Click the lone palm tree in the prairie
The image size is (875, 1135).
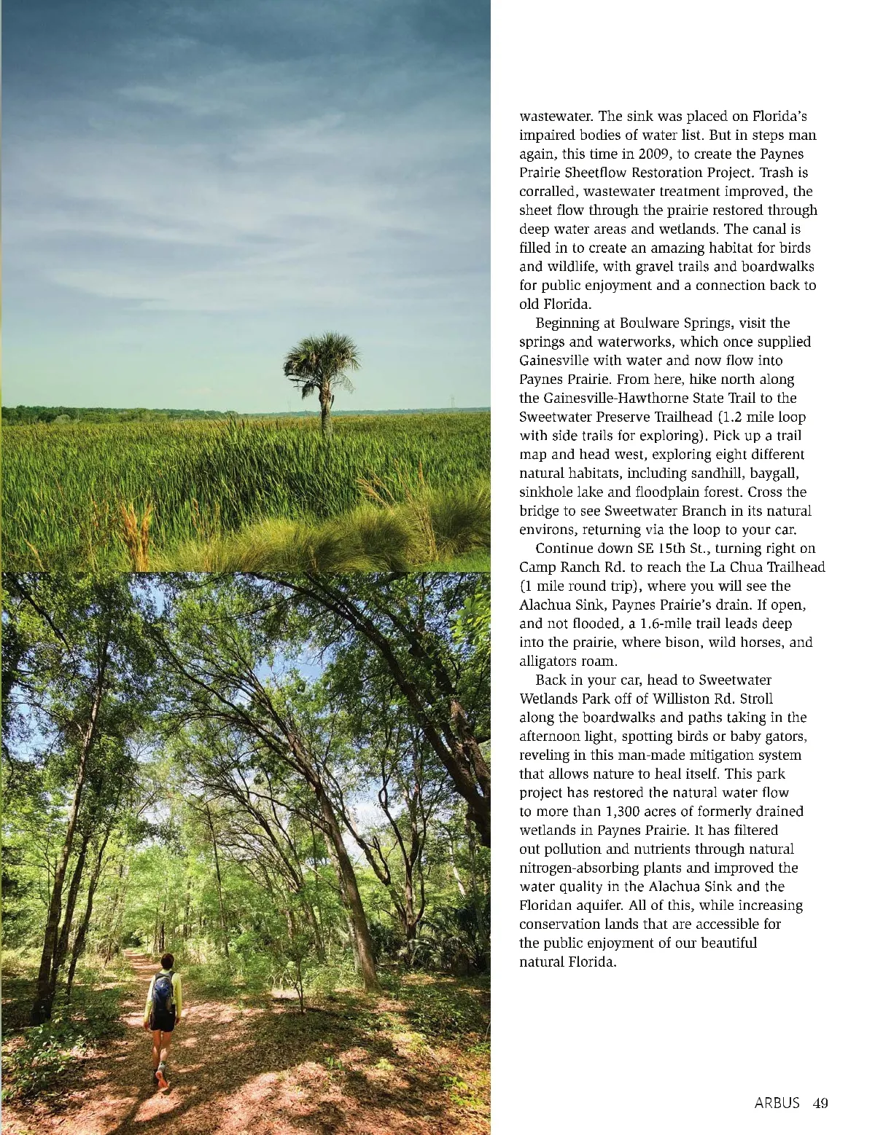tap(322, 379)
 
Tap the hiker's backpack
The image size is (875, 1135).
tap(163, 991)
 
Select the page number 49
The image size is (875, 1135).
tap(820, 1103)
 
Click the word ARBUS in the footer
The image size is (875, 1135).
tap(777, 1103)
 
